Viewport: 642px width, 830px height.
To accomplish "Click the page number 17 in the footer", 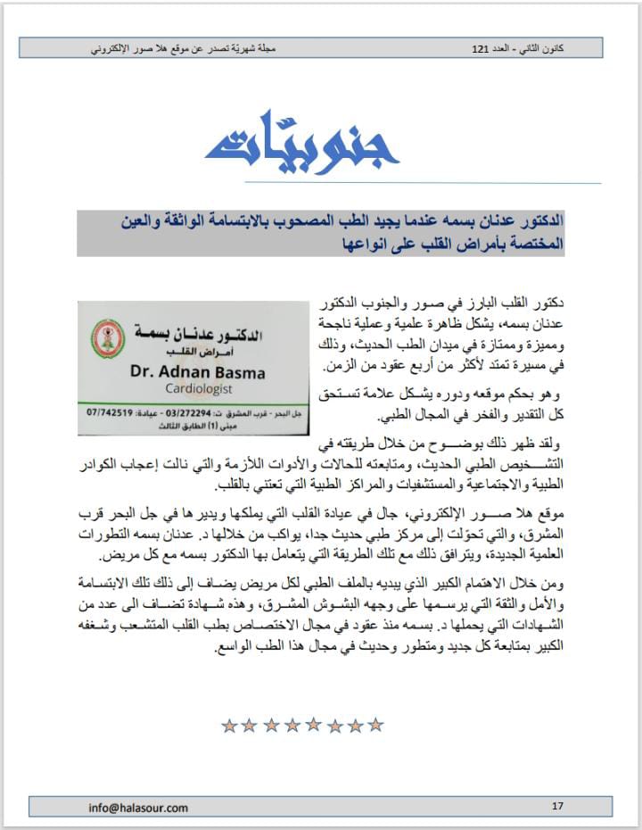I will click(x=557, y=807).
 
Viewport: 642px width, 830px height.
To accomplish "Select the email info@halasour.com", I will click(x=138, y=808).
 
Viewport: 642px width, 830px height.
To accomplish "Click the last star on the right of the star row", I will click(x=375, y=725).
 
